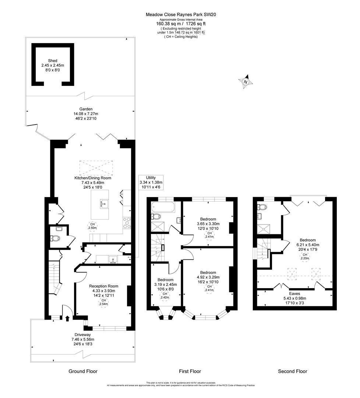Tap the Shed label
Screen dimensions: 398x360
click(52, 61)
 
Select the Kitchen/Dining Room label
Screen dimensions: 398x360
click(93, 178)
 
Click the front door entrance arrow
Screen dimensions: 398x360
click(67, 318)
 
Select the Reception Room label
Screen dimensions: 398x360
click(103, 286)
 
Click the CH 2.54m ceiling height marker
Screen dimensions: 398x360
click(103, 302)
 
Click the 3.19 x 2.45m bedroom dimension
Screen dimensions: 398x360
click(165, 284)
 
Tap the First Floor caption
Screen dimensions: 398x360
click(190, 371)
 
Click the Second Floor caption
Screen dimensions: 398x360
click(292, 371)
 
